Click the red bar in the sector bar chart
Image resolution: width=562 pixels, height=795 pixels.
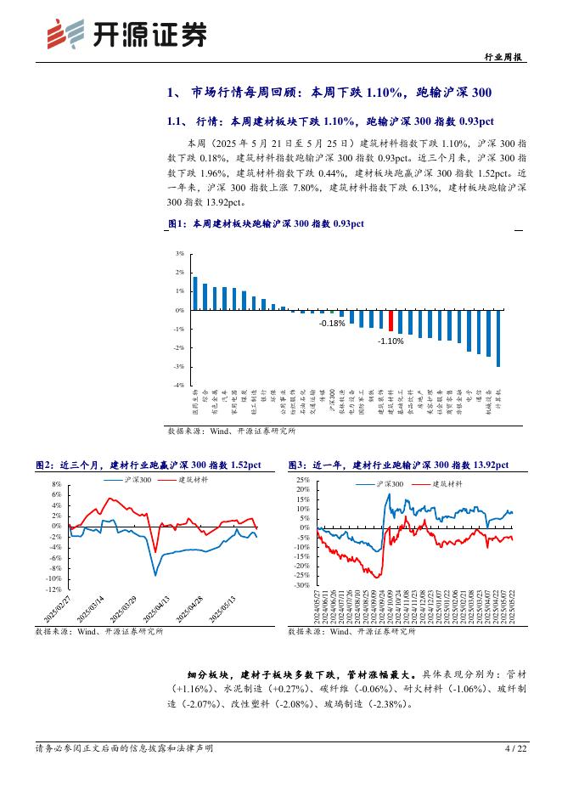click(391, 320)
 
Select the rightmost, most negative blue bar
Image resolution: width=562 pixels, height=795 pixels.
click(498, 338)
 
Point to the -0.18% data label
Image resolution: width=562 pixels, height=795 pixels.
click(332, 324)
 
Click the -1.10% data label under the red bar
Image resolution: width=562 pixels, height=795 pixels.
click(391, 341)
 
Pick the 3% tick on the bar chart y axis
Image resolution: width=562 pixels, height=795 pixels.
click(179, 253)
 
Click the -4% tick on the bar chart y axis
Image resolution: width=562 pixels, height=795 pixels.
click(179, 385)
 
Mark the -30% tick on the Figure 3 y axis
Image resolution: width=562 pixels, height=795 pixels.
click(302, 585)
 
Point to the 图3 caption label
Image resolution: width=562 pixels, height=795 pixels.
click(297, 465)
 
